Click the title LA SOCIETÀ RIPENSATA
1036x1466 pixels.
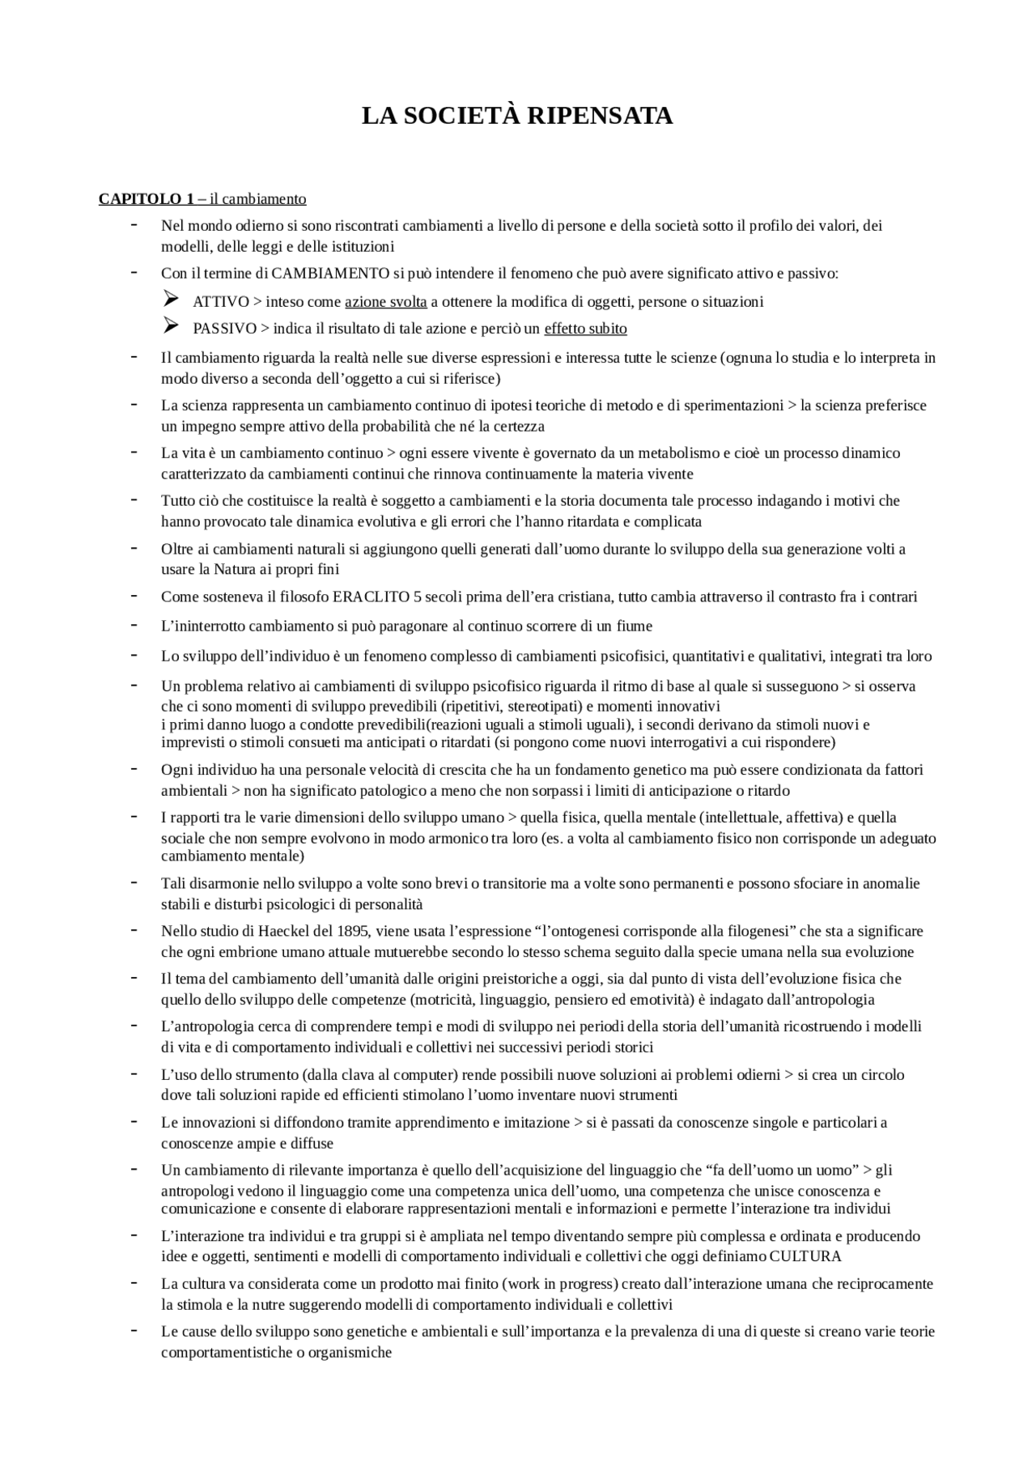point(517,116)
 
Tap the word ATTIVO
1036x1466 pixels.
point(221,302)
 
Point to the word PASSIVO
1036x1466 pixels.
point(224,329)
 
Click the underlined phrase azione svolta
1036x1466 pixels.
point(386,302)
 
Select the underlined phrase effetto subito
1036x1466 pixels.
point(585,329)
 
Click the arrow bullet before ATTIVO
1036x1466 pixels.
point(170,300)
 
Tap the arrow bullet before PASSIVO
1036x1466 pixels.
point(170,326)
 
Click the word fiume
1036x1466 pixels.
point(635,626)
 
